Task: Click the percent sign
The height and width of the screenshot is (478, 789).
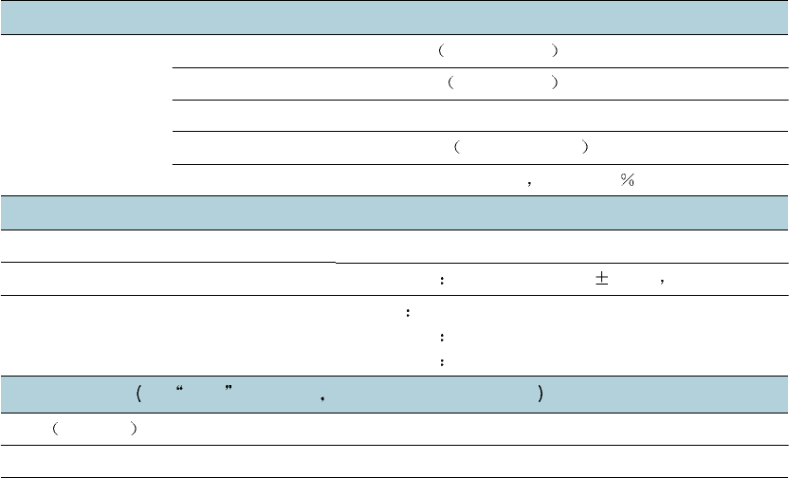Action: coord(626,180)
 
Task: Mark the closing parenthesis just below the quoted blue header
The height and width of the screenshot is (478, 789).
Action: coord(137,430)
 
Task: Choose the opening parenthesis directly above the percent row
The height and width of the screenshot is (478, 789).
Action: coord(457,147)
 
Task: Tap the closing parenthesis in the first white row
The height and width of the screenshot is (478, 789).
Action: coord(555,51)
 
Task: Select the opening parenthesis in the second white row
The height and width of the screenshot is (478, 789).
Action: coord(451,83)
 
